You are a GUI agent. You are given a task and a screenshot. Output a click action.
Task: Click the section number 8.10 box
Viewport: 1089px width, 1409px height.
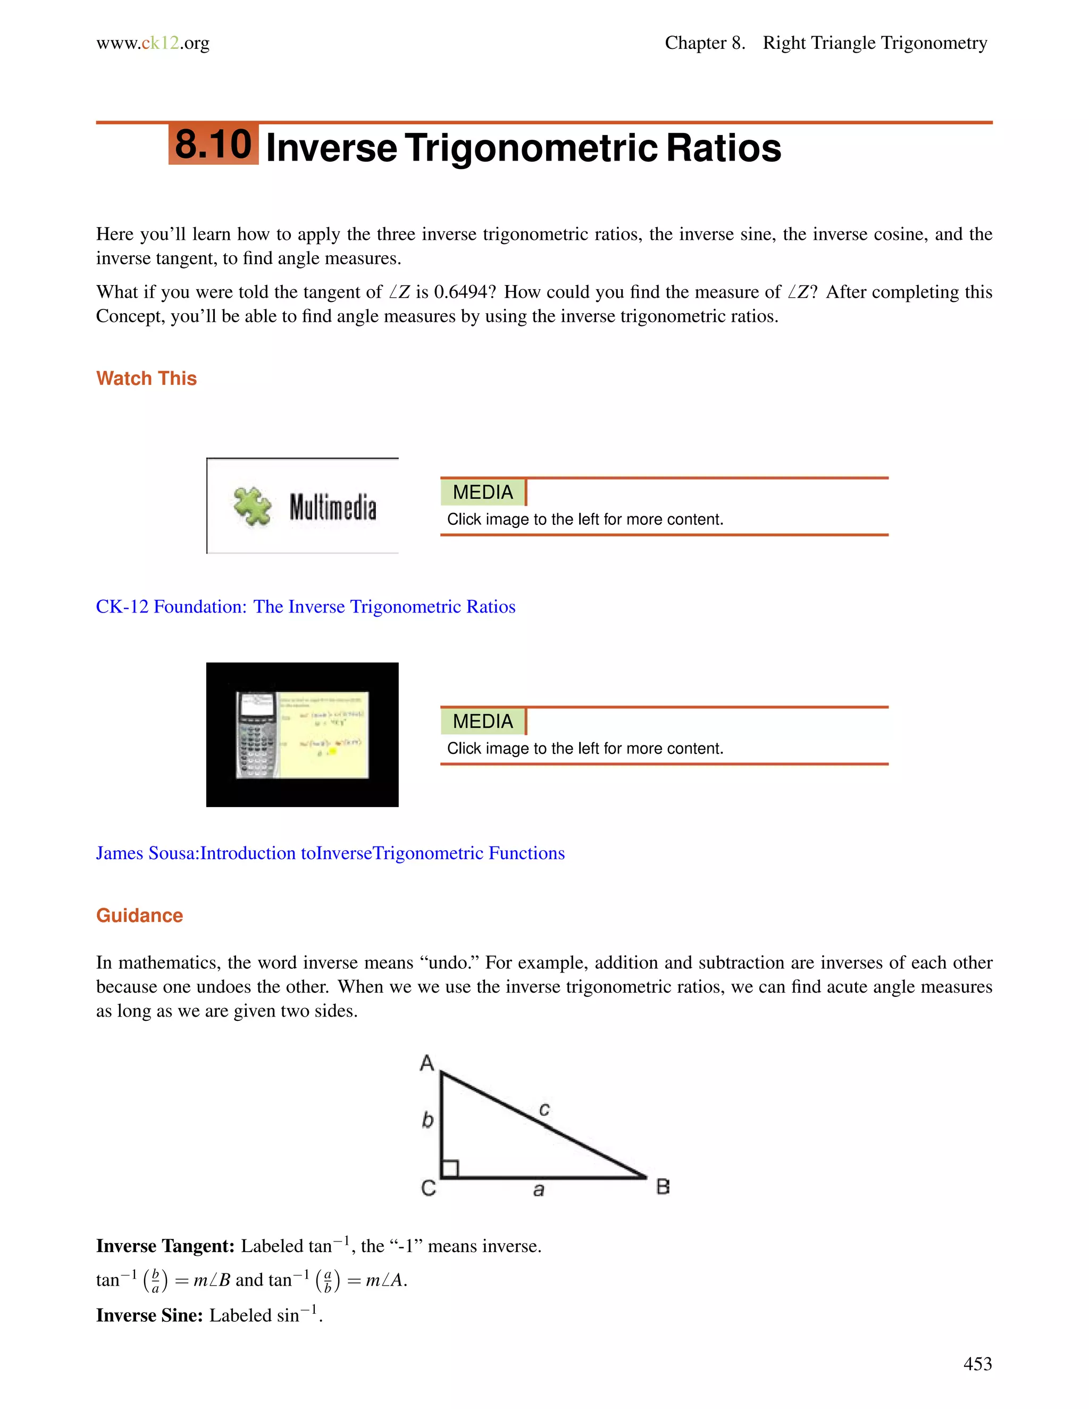[x=214, y=144]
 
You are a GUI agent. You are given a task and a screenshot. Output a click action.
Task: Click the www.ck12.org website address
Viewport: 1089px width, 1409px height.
[x=153, y=43]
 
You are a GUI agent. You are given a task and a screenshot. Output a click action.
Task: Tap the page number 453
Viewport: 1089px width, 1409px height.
[x=977, y=1363]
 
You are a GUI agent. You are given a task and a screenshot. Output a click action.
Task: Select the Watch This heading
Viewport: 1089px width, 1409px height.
[x=146, y=378]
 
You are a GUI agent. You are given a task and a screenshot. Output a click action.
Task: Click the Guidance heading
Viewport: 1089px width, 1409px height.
[x=139, y=916]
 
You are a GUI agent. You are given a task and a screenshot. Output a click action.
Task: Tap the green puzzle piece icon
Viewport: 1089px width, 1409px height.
[x=252, y=506]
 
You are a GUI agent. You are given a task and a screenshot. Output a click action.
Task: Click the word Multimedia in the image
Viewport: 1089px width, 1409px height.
[x=332, y=507]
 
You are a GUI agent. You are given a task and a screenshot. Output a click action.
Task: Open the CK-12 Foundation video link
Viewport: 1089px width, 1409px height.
[x=305, y=607]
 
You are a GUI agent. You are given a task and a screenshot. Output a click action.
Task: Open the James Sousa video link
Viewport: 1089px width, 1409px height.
[x=330, y=853]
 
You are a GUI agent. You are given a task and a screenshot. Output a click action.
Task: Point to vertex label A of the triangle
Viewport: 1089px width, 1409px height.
[x=427, y=1062]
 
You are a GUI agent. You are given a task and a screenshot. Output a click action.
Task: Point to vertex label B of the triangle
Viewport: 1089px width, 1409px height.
[x=663, y=1186]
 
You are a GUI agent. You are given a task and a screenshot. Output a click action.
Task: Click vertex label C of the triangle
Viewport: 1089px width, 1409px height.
[x=429, y=1188]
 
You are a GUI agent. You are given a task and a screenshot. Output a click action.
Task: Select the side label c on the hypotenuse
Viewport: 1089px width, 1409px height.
[x=544, y=1110]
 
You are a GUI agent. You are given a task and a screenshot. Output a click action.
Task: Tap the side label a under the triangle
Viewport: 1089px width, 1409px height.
[x=539, y=1189]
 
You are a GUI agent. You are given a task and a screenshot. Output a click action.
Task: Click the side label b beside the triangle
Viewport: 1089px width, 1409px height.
[x=427, y=1120]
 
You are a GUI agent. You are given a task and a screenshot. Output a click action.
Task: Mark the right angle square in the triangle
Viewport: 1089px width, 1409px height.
[x=450, y=1168]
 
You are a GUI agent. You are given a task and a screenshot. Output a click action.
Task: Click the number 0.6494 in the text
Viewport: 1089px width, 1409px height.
[x=460, y=292]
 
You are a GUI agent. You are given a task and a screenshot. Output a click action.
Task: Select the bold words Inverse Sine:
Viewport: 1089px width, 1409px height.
[x=149, y=1315]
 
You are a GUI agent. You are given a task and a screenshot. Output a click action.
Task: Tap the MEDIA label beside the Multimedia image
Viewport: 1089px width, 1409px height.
[x=483, y=492]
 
